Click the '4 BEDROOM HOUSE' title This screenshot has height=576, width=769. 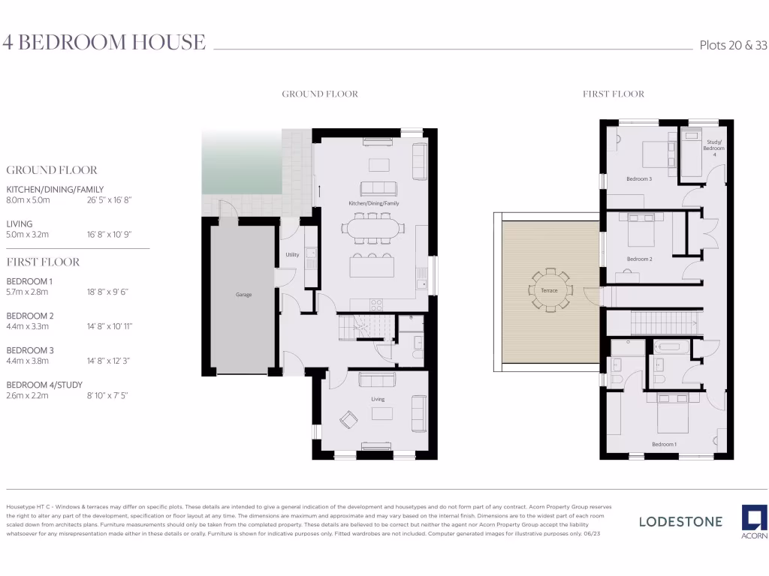104,42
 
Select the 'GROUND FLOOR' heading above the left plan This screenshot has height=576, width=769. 320,94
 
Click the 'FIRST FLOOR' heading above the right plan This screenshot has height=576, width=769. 614,94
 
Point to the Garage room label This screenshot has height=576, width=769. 243,295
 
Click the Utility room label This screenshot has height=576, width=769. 292,255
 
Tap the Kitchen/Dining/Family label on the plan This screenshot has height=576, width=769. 373,203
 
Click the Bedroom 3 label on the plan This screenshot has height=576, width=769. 639,178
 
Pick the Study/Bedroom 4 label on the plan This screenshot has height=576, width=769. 713,148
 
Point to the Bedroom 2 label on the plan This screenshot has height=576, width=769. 639,259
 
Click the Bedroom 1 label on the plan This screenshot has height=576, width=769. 664,444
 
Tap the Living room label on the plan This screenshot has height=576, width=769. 377,399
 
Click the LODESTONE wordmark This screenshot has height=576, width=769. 680,521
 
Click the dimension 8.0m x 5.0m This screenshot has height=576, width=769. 28,200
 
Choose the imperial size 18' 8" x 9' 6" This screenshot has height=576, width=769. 108,292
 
